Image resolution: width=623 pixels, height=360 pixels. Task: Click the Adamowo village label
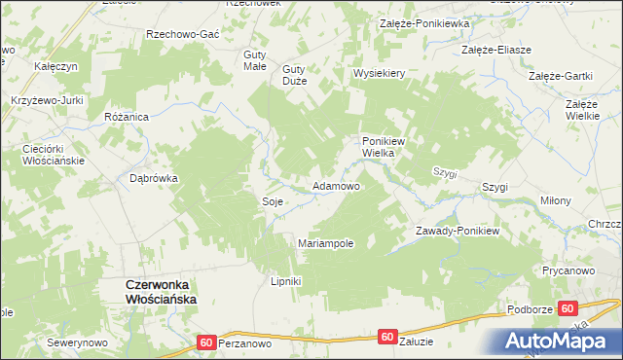(335, 186)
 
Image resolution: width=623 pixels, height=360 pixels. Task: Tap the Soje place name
(273, 201)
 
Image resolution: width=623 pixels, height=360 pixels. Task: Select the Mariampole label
(325, 243)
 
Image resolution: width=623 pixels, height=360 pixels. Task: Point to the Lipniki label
(286, 282)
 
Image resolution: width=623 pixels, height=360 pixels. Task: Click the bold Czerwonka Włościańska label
(161, 292)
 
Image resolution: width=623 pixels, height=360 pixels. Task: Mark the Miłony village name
(556, 200)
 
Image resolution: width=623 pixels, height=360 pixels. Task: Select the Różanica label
(126, 116)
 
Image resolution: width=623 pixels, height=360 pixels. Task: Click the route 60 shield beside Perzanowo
(205, 342)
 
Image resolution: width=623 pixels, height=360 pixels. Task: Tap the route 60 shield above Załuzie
(387, 337)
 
